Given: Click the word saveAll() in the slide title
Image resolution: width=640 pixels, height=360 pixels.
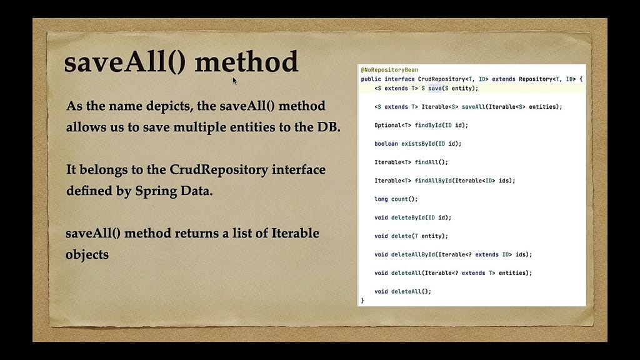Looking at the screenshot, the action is pyautogui.click(x=125, y=62).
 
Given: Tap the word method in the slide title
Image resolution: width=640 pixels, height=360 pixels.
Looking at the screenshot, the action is pyautogui.click(x=246, y=62).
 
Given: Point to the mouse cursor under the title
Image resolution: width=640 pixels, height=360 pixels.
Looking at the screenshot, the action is pyautogui.click(x=235, y=81).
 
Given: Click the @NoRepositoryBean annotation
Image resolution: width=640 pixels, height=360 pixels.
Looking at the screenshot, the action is pyautogui.click(x=389, y=70).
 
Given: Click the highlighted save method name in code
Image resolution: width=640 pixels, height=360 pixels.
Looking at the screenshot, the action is pyautogui.click(x=435, y=88).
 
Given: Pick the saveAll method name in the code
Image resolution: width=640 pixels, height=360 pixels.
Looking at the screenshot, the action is pyautogui.click(x=474, y=107).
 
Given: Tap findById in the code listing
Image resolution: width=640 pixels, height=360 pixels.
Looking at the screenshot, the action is pyautogui.click(x=428, y=125).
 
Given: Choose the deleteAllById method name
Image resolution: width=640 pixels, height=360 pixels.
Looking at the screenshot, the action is pyautogui.click(x=413, y=255).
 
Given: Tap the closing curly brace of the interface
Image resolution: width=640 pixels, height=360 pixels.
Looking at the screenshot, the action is pyautogui.click(x=362, y=301).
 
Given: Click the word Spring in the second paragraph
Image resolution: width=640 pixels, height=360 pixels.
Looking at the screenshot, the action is pyautogui.click(x=156, y=191).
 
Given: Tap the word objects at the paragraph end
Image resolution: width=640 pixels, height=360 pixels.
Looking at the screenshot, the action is pyautogui.click(x=87, y=255).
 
